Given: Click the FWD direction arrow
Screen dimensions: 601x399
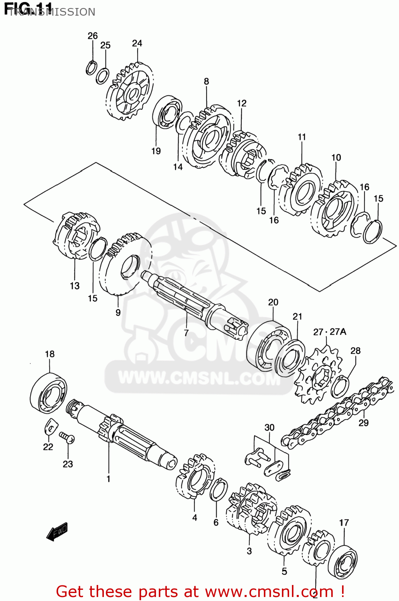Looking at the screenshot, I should tap(57, 532).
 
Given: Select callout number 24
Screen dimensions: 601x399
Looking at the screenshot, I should tap(137, 43).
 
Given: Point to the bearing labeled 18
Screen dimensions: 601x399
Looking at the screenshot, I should tap(49, 393).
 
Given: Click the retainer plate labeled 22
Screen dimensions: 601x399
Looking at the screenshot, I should tap(50, 426).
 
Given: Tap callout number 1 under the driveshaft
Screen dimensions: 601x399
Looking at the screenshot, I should tap(108, 479).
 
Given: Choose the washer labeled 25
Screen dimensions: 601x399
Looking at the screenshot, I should tap(103, 76).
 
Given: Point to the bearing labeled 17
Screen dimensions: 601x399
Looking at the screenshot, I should tap(343, 561).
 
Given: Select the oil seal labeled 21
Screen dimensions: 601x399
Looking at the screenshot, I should tap(290, 358).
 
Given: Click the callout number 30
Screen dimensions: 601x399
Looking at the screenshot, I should tap(269, 428).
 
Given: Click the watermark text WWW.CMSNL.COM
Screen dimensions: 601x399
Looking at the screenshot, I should tap(199, 377).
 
